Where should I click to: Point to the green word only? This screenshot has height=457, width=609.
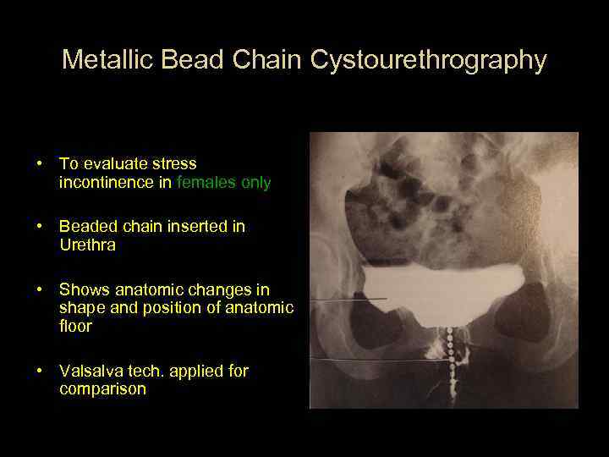(x=255, y=182)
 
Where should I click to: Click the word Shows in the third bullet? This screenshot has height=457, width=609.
(x=81, y=289)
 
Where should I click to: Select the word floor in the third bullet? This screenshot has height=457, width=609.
(x=75, y=326)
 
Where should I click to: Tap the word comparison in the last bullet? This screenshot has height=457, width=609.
(x=102, y=389)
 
